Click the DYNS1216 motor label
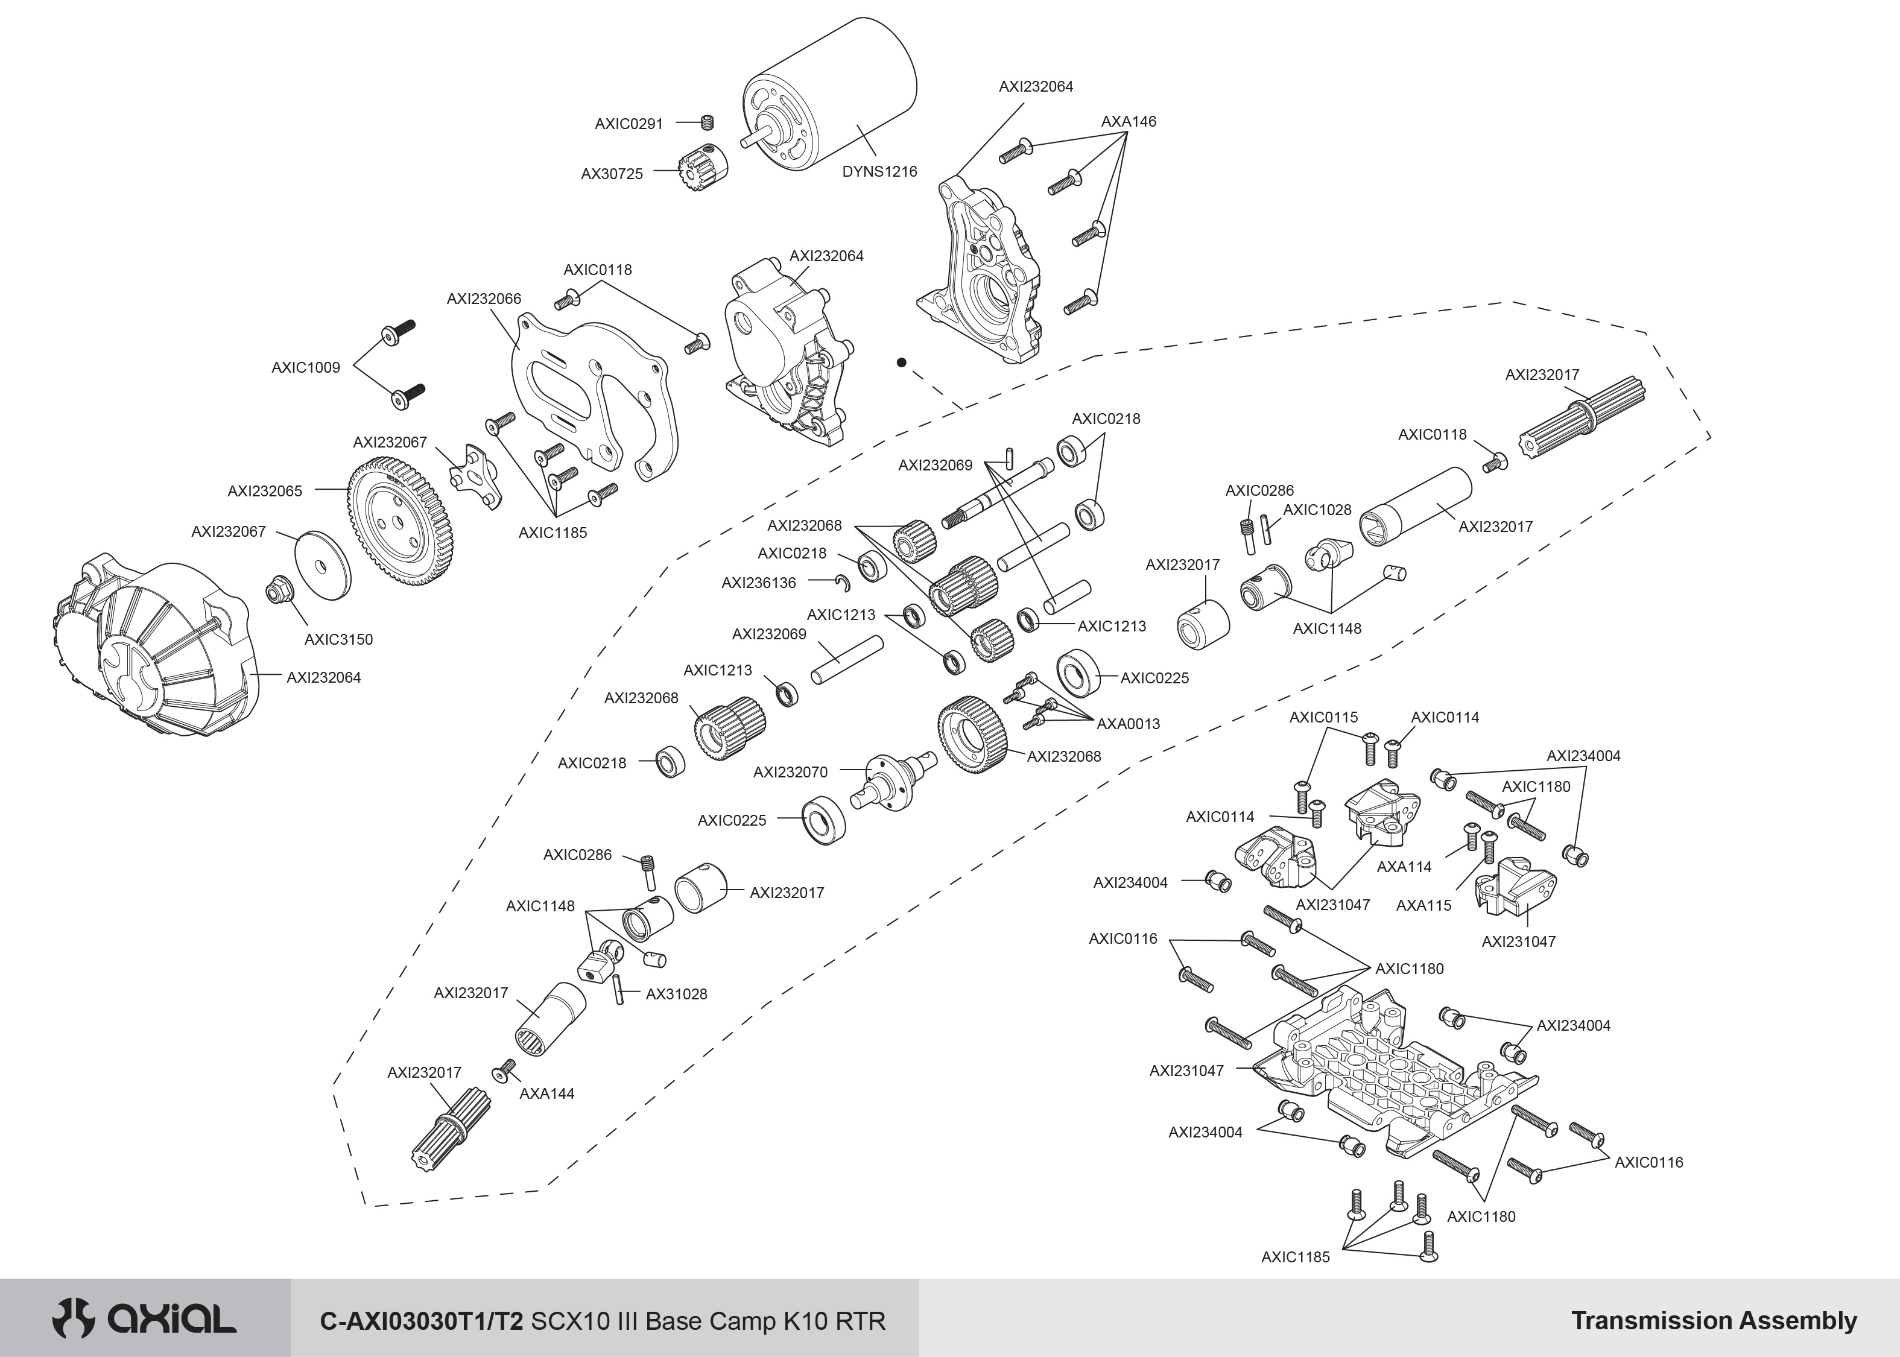879,171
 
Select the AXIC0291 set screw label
629,124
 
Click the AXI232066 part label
484,299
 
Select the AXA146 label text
1128,121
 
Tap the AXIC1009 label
306,368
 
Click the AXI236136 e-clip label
759,583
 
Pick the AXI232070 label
790,772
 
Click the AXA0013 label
1128,724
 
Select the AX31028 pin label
676,995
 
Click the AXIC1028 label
1317,510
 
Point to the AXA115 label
1423,905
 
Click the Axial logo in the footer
144,1320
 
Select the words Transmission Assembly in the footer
1714,1321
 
